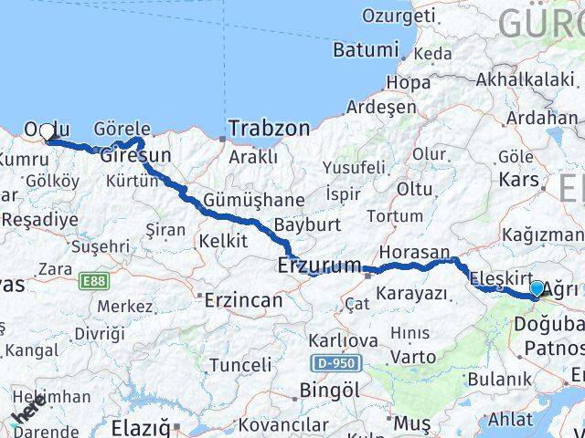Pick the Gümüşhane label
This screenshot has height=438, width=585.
(241, 200)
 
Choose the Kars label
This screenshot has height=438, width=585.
(518, 179)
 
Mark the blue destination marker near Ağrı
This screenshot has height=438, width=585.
(536, 288)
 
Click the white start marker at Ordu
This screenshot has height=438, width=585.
(48, 131)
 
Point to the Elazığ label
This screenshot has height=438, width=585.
(140, 427)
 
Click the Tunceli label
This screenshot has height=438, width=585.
(240, 365)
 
